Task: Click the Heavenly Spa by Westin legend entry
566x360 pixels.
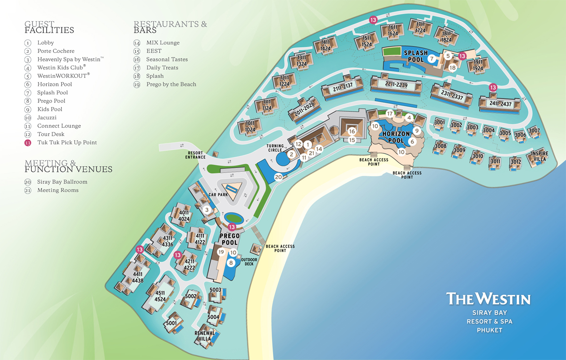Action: point(70,59)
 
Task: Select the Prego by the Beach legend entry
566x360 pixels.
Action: point(171,84)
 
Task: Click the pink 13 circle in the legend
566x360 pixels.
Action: point(28,142)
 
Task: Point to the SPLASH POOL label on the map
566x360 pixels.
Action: point(416,56)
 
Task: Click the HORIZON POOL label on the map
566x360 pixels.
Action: point(396,137)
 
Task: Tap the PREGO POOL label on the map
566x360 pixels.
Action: point(230,239)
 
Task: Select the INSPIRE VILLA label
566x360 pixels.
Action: point(540,156)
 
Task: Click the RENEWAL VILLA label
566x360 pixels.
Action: point(205,335)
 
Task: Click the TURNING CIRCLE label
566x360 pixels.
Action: point(275,148)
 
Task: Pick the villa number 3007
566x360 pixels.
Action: point(534,130)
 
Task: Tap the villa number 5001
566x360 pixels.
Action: point(171,323)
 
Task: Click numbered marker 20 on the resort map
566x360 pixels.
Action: point(278,177)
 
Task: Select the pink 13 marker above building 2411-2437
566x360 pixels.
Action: point(493,87)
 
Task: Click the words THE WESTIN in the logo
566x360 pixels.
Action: point(488,299)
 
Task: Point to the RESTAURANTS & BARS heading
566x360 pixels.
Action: point(170,27)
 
